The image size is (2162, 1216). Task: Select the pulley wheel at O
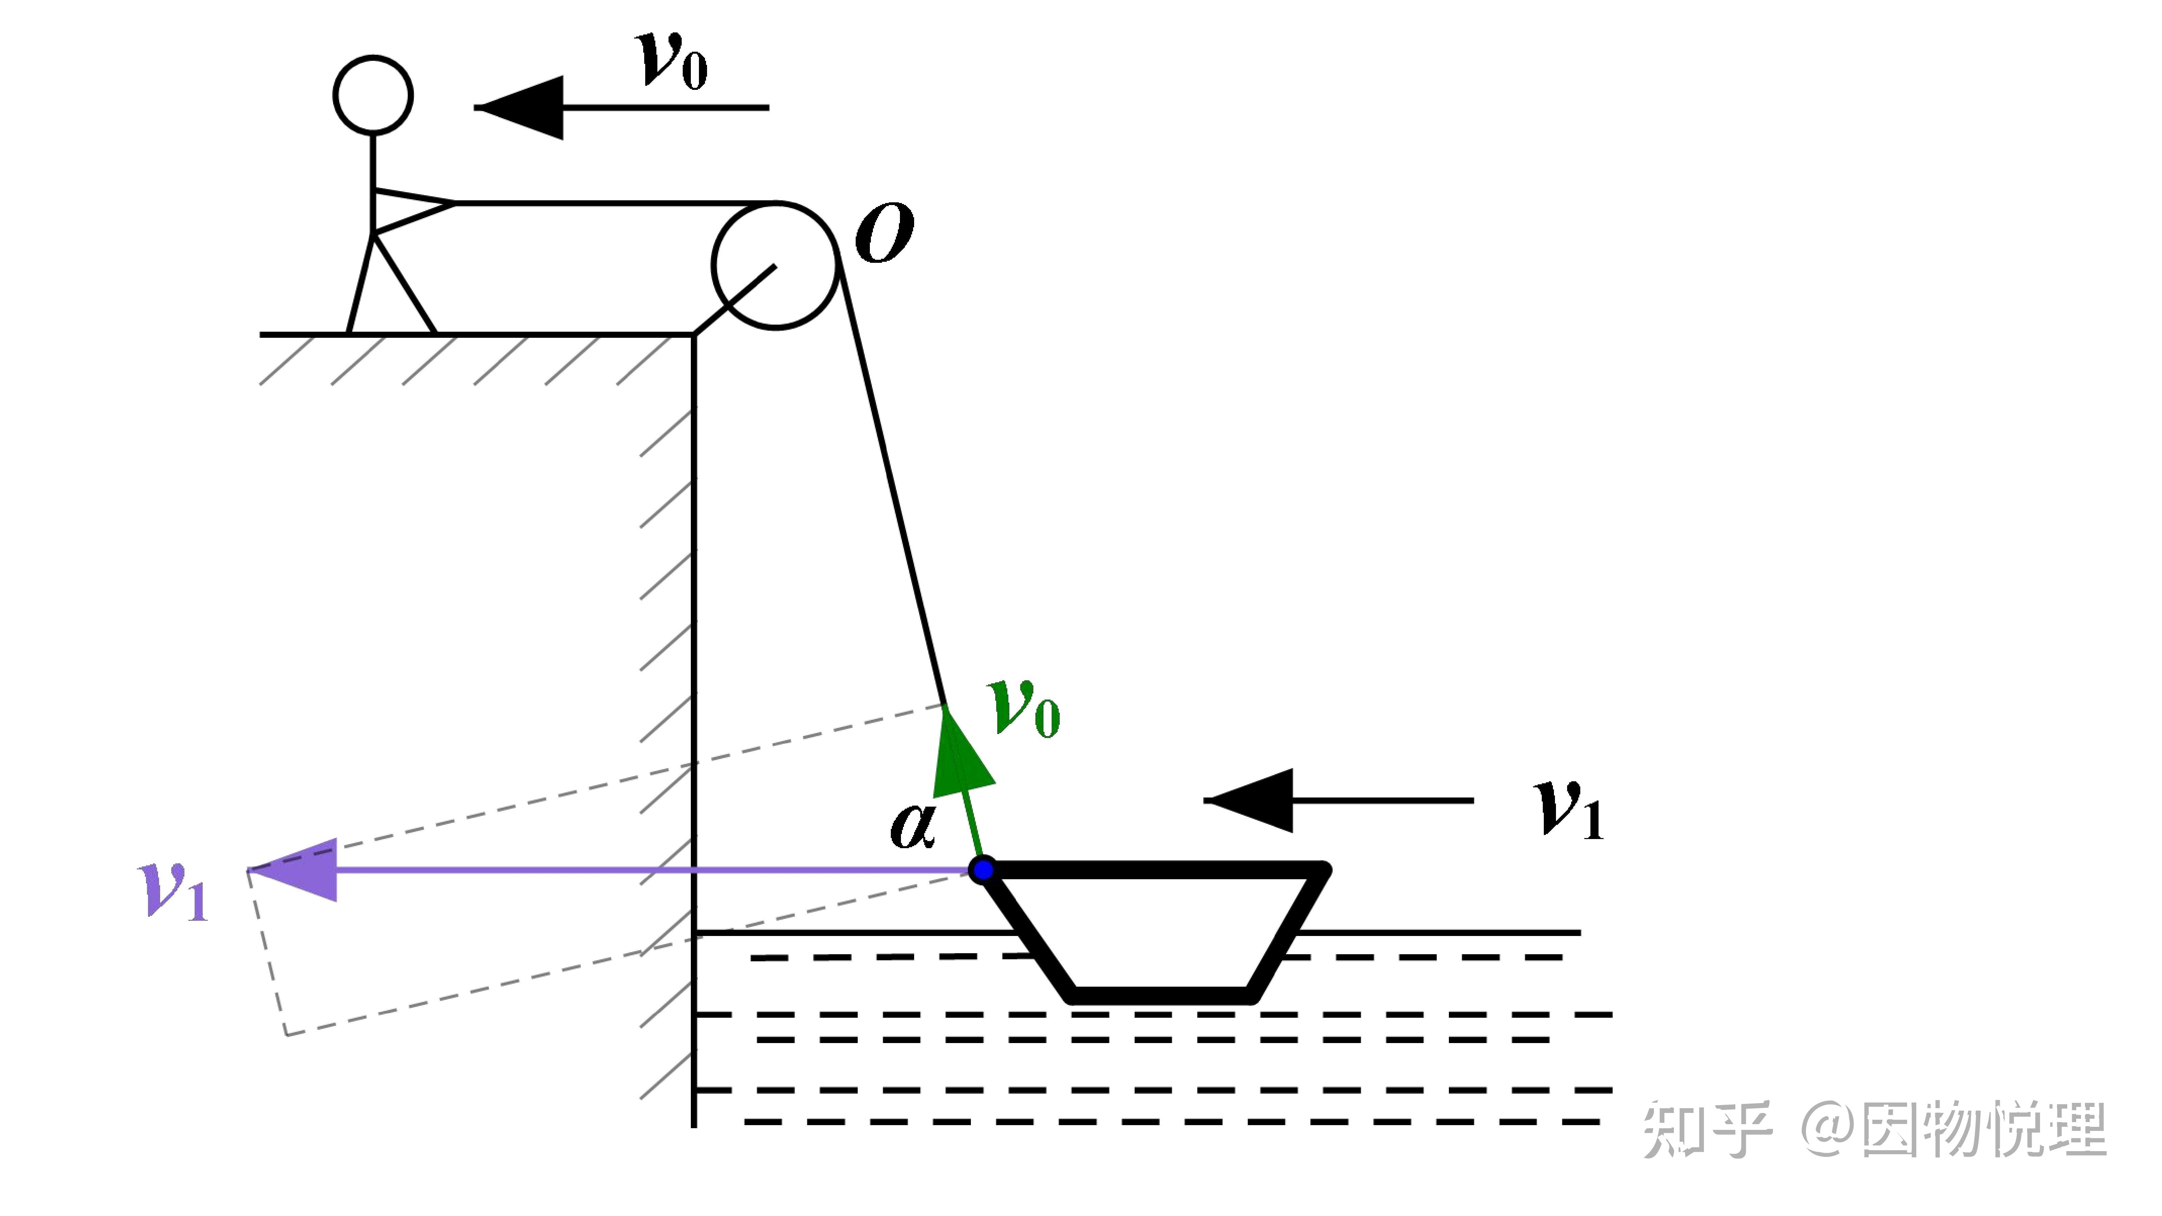click(x=776, y=265)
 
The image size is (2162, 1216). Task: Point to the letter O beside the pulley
click(x=885, y=233)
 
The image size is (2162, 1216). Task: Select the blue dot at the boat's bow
click(x=982, y=869)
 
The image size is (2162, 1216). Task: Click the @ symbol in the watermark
click(x=1830, y=1129)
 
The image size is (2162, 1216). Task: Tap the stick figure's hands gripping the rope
click(x=453, y=203)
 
